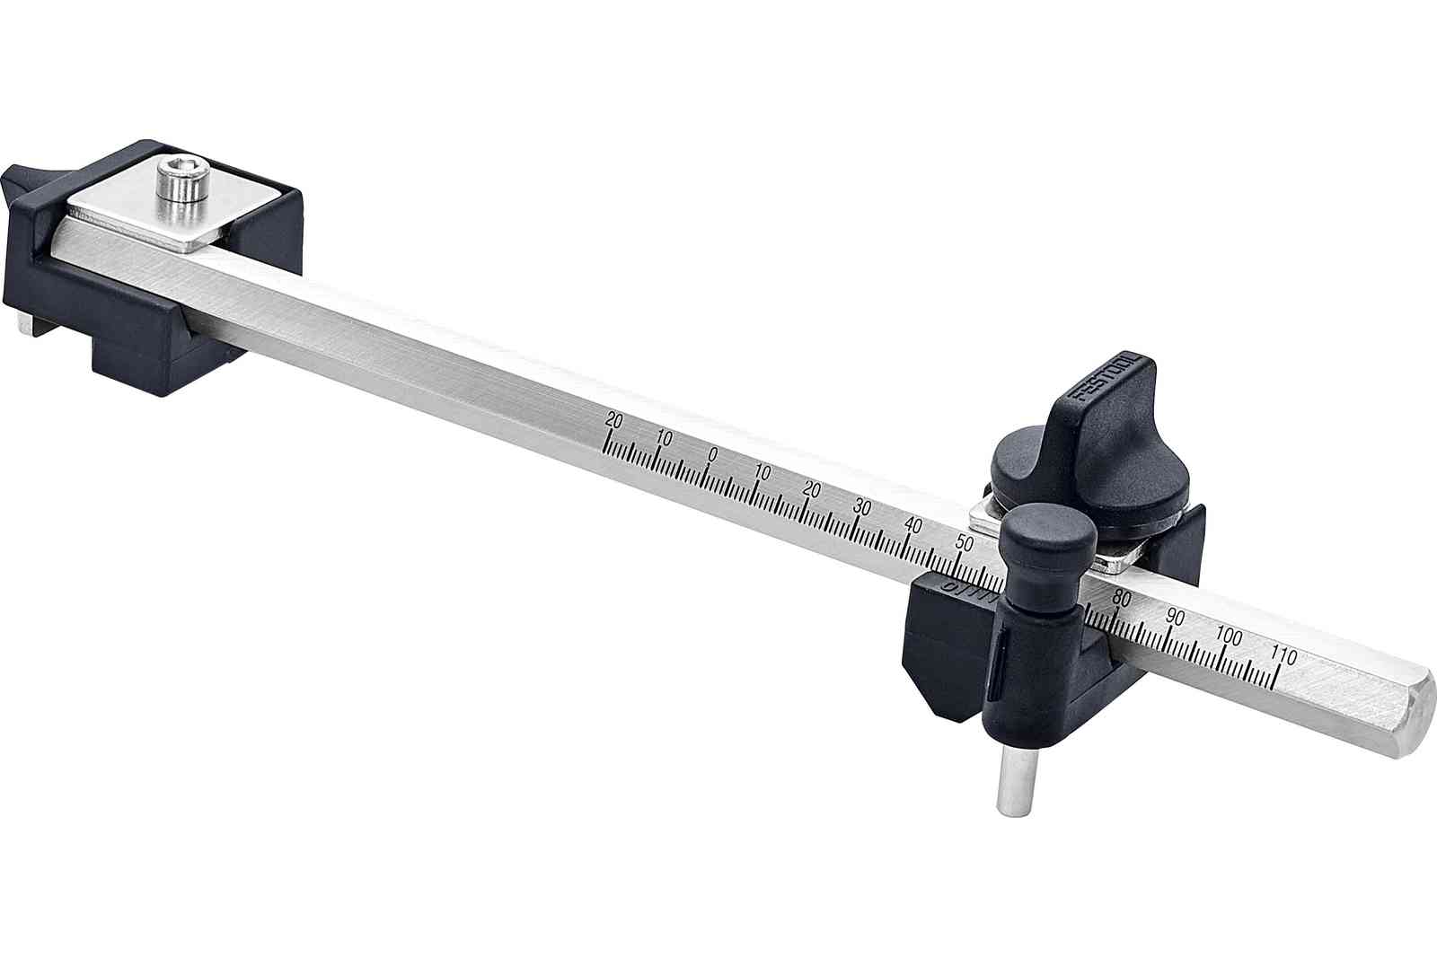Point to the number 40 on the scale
pyautogui.click(x=914, y=524)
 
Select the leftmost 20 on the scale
pyautogui.click(x=614, y=419)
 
